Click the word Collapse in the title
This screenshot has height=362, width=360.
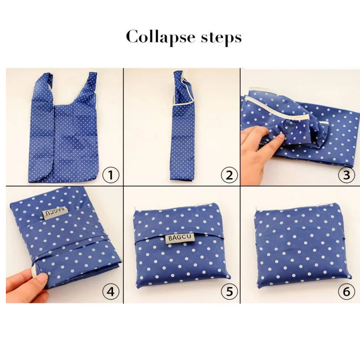pyautogui.click(x=156, y=38)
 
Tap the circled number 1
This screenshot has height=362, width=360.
pyautogui.click(x=112, y=175)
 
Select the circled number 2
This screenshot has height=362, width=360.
pyautogui.click(x=228, y=175)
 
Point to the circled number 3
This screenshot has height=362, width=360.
pyautogui.click(x=346, y=175)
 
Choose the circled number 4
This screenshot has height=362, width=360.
pyautogui.click(x=111, y=292)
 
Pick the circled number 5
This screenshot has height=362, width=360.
pyautogui.click(x=228, y=292)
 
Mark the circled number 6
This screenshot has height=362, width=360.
pyautogui.click(x=346, y=292)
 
